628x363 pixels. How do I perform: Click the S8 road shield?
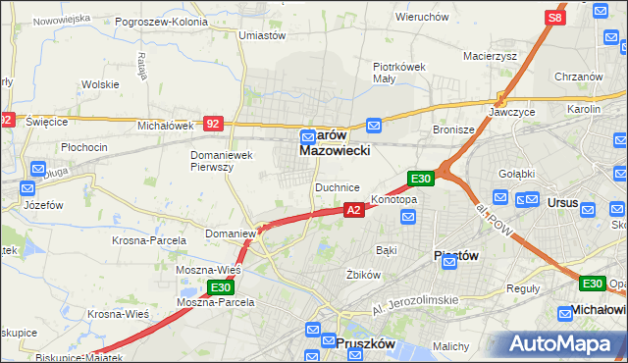555,18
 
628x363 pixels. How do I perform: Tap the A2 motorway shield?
355,209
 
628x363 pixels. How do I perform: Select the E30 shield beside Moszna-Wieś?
221,287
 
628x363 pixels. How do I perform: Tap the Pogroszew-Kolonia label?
161,20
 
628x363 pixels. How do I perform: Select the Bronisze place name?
453,129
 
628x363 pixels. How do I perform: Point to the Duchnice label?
337,186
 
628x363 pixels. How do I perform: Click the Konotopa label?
393,200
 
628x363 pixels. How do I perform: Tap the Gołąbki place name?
515,174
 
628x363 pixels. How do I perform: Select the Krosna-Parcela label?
150,241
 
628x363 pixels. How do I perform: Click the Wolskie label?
100,84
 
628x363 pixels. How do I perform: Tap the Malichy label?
452,347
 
